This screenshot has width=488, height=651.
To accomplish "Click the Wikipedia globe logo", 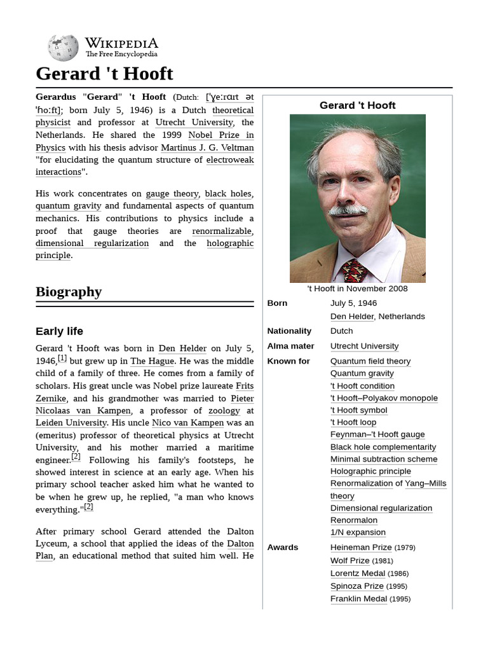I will pos(63,48).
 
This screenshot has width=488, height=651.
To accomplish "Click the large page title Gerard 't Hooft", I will pos(104,74).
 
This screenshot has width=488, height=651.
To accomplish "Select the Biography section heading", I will pos(68,292).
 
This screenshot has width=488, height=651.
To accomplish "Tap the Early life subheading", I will pos(59,331).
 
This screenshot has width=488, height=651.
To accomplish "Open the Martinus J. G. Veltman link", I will pos(207,147).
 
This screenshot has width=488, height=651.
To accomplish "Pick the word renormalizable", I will pos(222,231).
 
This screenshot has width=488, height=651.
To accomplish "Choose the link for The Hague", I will pos(152,360).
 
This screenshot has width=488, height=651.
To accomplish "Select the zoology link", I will pos(224,411).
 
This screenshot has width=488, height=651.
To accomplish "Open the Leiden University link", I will pos(71,423).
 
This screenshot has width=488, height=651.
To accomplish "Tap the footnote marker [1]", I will pos(62,358).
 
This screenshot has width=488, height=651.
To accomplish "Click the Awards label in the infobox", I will pos(283,547).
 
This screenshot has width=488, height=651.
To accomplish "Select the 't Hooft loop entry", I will pos(353,422).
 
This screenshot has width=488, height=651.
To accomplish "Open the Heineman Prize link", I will pos(361,547).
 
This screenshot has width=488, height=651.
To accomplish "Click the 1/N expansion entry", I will pos(358,532).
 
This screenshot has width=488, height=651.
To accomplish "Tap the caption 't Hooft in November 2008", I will pos(357,289).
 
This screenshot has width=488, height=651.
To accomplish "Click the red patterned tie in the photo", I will pos(355,271).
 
